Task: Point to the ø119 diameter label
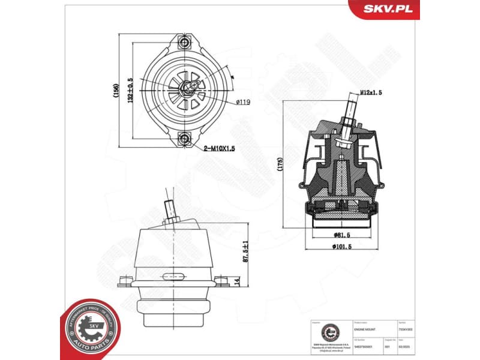click(242, 102)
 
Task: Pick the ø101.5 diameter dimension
click(341, 246)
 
